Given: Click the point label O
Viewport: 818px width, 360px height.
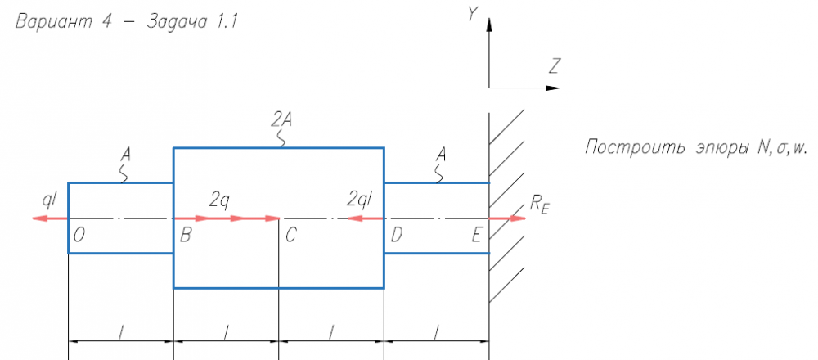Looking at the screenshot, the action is click(x=79, y=236).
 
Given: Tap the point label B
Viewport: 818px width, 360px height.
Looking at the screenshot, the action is click(x=185, y=236).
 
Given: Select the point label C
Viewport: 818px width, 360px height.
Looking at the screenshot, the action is click(x=290, y=236).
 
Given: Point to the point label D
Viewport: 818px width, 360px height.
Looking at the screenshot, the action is click(x=396, y=236).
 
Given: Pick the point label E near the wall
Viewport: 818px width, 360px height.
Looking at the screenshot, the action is click(x=476, y=236).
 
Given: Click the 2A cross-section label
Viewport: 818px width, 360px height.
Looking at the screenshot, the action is click(x=281, y=120).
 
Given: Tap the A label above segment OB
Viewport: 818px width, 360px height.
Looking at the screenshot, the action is click(x=125, y=155).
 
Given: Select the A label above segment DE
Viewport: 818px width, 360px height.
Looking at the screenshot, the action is click(x=442, y=155).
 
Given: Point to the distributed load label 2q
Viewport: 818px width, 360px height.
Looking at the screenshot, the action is click(x=219, y=199).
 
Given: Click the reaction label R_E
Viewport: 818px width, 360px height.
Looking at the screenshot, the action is click(x=540, y=205).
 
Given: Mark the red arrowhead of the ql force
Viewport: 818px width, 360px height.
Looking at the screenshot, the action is click(x=40, y=218).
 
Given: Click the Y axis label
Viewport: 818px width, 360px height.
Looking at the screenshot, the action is click(x=473, y=15).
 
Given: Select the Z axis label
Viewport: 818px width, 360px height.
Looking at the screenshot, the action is click(x=555, y=66).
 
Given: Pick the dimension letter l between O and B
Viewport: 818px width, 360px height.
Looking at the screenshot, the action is click(x=121, y=332).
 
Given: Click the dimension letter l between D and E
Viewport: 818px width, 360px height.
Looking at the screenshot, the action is click(x=437, y=332).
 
